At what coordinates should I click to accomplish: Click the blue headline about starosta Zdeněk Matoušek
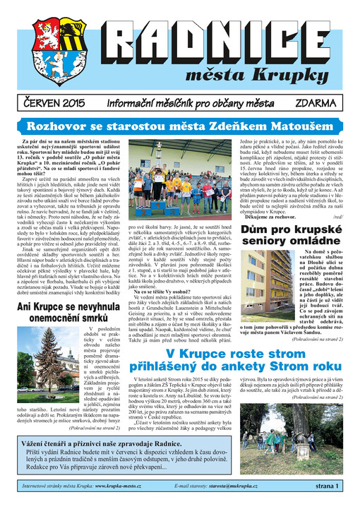[x=180, y=126]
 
